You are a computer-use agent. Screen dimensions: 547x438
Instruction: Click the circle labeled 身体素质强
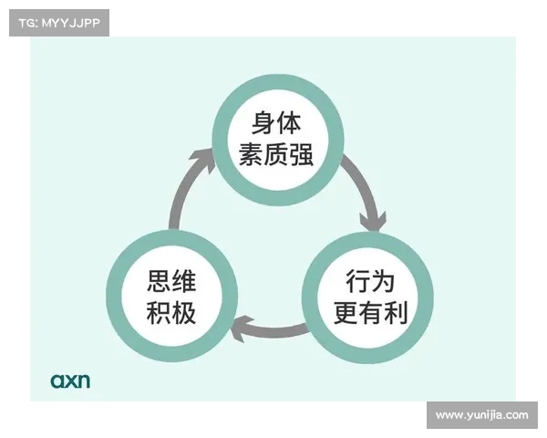(x=278, y=140)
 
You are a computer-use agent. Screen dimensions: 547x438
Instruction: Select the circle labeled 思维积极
(x=172, y=297)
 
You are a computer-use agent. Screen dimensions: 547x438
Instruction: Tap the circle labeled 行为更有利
(x=367, y=297)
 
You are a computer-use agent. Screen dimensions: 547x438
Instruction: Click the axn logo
(x=70, y=381)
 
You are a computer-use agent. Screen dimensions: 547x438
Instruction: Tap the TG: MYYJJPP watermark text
(x=59, y=23)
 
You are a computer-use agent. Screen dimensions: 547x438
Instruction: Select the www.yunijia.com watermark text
(x=482, y=415)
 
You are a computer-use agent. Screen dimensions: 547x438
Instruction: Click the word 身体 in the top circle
(x=276, y=123)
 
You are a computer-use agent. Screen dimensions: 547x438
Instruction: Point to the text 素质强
(x=276, y=154)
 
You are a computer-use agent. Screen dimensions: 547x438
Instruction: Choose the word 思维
(x=171, y=280)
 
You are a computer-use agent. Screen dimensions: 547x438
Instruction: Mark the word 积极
(x=171, y=313)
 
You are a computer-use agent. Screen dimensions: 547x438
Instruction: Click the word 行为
(x=370, y=281)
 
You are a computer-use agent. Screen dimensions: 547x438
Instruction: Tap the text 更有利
(x=370, y=313)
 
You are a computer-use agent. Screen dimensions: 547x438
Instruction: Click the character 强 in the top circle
(x=301, y=154)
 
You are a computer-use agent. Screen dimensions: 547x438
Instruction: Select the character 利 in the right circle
(x=396, y=313)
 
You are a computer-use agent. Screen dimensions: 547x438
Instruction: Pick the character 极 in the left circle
(x=184, y=313)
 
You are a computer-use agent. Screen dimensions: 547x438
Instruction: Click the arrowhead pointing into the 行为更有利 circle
(x=373, y=221)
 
